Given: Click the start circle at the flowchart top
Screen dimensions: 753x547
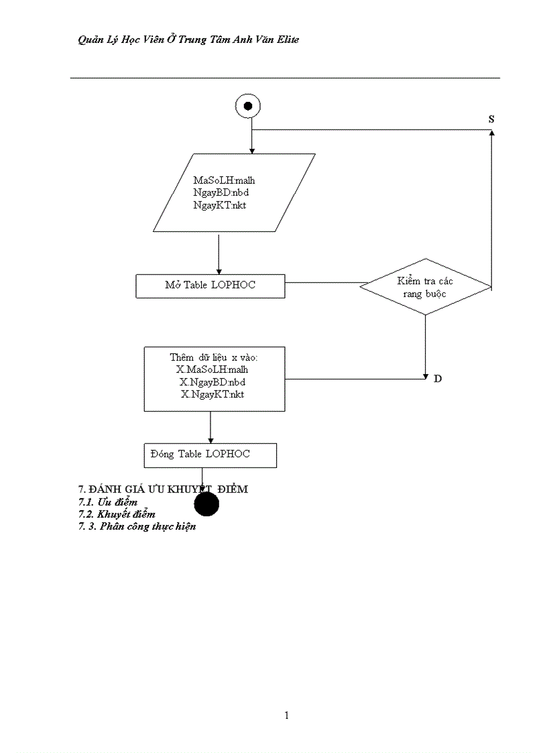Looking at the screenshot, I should (x=248, y=105).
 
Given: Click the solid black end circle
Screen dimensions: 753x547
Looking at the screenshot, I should (x=206, y=504).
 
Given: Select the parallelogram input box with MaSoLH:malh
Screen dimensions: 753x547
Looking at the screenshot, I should (x=233, y=192).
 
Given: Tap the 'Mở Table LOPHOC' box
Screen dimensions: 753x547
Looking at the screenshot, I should (x=210, y=286).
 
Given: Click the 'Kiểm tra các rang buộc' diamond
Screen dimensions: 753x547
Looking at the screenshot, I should (x=425, y=287).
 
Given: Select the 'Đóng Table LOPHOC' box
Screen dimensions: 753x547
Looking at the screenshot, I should (x=210, y=455).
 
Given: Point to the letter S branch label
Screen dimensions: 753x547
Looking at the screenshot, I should (x=491, y=119).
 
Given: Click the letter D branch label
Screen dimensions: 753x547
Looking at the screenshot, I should (x=438, y=379).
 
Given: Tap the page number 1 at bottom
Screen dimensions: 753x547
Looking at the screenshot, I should (x=287, y=715).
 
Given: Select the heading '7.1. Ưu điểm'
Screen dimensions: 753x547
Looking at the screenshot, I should (x=108, y=502).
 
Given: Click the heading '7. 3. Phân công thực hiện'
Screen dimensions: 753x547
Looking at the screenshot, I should (x=137, y=526).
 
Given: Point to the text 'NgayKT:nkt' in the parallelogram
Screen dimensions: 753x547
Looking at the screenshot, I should (x=219, y=205).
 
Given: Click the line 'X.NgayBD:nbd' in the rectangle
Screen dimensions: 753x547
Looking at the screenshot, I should (x=212, y=382).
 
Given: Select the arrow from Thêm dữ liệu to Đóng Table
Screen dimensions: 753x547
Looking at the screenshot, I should (x=210, y=426).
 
